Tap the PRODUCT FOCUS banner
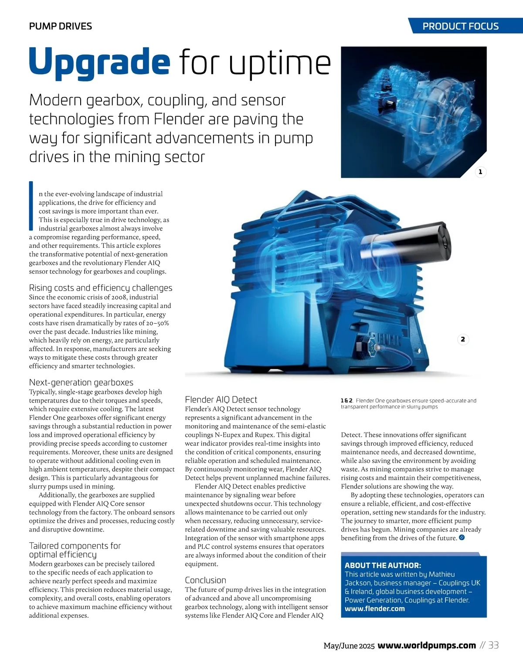[460, 26]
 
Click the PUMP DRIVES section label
[60, 26]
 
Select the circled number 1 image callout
[480, 172]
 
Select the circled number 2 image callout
[463, 339]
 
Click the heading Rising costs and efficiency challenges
[100, 288]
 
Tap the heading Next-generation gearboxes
[81, 382]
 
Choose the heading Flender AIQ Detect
[221, 399]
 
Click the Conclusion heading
[205, 580]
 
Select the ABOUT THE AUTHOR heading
[383, 565]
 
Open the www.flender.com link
[374, 609]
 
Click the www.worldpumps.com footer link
[426, 645]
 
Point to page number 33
[493, 645]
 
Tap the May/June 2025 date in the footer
[349, 646]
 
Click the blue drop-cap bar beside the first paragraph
[31, 206]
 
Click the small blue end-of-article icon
[462, 538]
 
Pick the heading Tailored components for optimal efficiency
[75, 550]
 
